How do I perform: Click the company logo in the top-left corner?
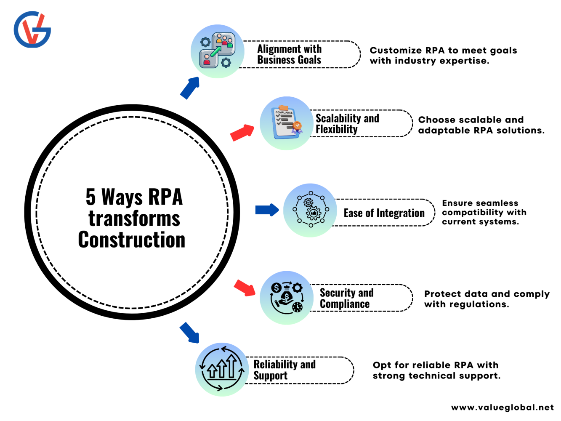tap(32, 29)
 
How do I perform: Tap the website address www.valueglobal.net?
tap(502, 408)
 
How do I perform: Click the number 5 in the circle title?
tap(90, 197)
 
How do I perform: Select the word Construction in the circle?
tap(132, 240)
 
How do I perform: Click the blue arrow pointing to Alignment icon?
tap(190, 88)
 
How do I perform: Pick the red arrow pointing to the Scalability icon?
tap(243, 133)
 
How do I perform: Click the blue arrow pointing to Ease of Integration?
tap(267, 210)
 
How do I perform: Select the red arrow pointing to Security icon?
tap(245, 288)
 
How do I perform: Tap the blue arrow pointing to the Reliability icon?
tap(189, 333)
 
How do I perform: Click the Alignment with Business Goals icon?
tap(217, 51)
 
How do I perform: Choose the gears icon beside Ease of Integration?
tap(311, 210)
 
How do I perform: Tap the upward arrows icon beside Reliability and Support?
tap(222, 369)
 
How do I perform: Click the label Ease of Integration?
tap(384, 213)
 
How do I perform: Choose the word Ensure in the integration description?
tap(457, 203)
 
